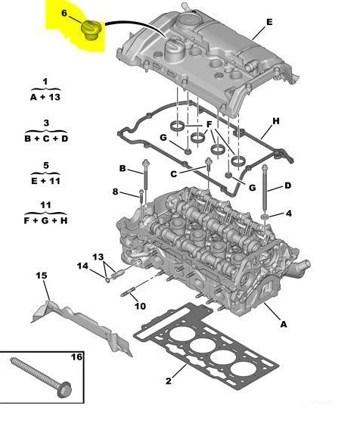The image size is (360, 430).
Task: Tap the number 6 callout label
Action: tap(64, 13)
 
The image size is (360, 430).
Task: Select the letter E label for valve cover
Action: tap(268, 23)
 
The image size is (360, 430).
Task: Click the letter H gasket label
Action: tap(276, 121)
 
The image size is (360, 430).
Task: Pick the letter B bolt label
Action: tap(122, 167)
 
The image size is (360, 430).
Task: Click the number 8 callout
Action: tap(116, 192)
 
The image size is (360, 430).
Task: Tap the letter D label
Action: tap(287, 185)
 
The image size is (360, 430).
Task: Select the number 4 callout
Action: tap(288, 215)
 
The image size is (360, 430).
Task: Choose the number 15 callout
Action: tap(42, 276)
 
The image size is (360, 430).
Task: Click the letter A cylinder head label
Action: tap(284, 325)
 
